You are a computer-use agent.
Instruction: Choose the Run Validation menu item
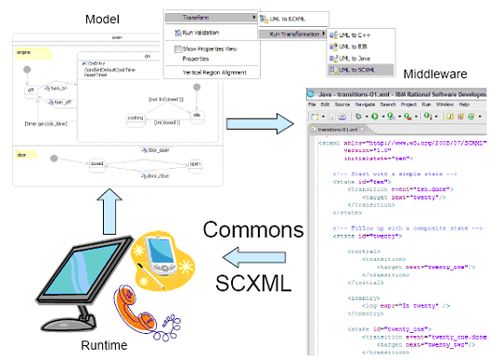click(x=197, y=32)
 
